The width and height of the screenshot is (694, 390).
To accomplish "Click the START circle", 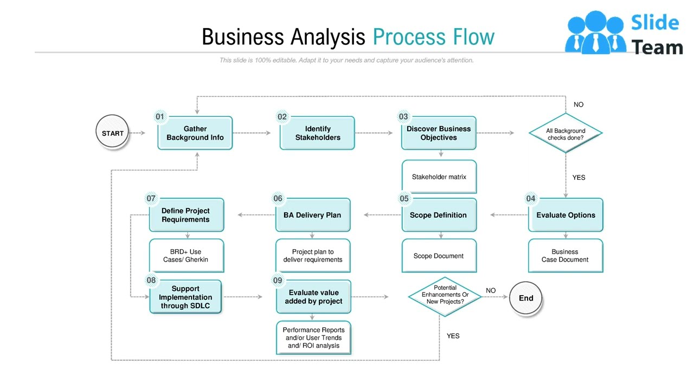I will [113, 133].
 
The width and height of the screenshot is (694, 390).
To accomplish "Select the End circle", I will [526, 298].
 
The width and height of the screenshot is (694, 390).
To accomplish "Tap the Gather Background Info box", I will [195, 133].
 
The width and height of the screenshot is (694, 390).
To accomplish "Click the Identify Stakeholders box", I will [318, 133].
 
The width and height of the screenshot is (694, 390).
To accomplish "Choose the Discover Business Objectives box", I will [439, 133].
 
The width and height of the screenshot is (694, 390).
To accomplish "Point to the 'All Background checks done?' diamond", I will [566, 133].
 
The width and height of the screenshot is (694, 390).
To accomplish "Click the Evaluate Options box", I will [566, 215].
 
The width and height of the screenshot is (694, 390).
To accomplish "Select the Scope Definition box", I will [439, 215].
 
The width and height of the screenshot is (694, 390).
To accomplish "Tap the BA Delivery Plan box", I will [312, 215].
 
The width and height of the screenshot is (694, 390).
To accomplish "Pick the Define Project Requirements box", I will [186, 215].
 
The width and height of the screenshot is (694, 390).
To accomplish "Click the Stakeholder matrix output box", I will [439, 177].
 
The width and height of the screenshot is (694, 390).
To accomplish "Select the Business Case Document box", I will [566, 256].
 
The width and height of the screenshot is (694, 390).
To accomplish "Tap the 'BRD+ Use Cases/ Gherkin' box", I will [186, 256].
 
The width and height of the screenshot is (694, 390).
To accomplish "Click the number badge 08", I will [151, 280].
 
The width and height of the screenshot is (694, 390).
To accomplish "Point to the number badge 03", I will [403, 116].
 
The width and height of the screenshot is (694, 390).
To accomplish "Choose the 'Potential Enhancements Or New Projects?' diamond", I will [445, 295].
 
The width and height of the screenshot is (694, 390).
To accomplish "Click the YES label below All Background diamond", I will [579, 177].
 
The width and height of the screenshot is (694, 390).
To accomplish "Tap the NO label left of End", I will [491, 291].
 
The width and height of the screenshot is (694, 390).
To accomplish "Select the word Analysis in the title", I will [328, 37].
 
